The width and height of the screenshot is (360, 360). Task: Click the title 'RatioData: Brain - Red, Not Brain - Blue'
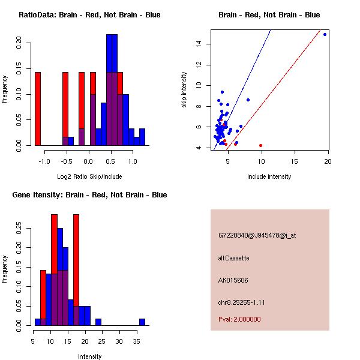[x=89, y=15]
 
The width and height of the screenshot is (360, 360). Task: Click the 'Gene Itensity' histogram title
[x=89, y=195]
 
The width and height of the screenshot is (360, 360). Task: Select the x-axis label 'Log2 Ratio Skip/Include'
[x=89, y=176]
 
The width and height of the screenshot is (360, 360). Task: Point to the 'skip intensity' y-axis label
[x=185, y=90]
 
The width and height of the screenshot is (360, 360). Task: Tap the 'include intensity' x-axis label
[x=269, y=176]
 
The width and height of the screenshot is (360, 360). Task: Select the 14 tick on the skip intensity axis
[x=198, y=44]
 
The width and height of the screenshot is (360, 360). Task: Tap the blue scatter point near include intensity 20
[x=325, y=34]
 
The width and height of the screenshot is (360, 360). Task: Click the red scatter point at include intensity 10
[x=260, y=145]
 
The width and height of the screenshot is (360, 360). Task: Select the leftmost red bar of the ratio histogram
[x=38, y=109]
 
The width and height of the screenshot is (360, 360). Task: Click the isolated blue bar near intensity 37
[x=142, y=322]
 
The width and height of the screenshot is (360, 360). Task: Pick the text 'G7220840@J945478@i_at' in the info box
[x=257, y=235]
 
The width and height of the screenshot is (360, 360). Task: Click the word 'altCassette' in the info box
[x=234, y=258]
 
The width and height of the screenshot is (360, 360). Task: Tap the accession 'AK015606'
[x=233, y=280]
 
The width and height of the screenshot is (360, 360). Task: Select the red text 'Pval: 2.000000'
[x=240, y=319]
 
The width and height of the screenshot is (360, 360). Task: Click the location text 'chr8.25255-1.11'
[x=242, y=302]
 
